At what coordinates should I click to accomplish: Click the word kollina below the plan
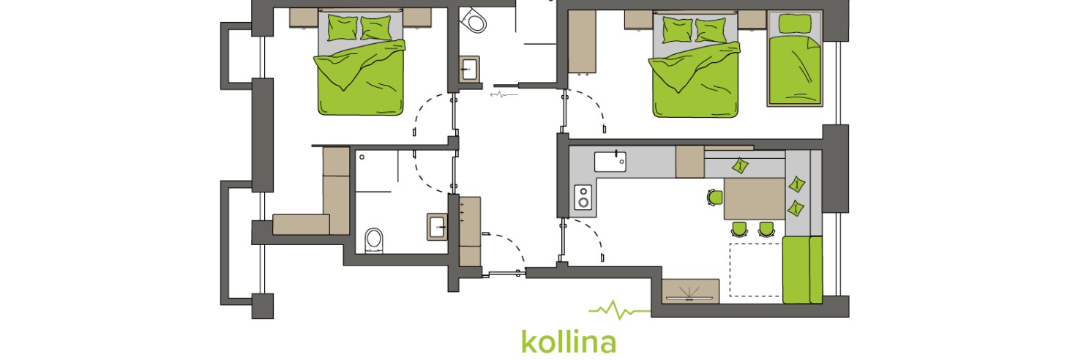569,342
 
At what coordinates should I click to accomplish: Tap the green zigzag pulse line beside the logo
620,310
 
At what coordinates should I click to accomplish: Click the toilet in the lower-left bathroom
374,240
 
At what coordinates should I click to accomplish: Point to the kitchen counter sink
610,162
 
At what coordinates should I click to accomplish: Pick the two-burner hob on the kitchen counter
583,197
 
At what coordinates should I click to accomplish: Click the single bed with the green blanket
795,59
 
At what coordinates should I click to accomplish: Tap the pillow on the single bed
795,23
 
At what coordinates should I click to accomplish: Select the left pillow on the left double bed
343,28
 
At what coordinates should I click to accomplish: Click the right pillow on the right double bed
711,30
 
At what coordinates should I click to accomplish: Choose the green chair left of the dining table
715,197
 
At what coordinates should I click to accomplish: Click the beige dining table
755,198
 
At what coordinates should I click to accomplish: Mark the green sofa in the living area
802,270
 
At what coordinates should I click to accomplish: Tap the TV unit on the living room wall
690,290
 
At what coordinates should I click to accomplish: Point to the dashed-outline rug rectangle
756,270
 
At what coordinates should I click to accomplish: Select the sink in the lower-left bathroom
437,226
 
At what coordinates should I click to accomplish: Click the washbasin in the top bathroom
470,70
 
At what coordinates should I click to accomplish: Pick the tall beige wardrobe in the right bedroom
582,42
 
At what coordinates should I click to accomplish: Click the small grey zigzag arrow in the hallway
504,94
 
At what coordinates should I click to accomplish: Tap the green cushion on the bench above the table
740,165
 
